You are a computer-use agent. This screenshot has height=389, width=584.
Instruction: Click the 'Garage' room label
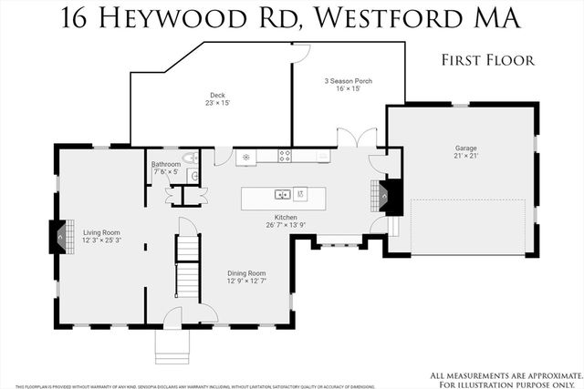tap(466, 148)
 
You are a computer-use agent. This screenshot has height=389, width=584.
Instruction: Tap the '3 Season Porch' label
tap(348, 81)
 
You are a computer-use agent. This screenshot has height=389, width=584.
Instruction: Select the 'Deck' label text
tap(217, 95)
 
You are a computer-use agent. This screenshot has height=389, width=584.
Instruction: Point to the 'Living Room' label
tap(101, 232)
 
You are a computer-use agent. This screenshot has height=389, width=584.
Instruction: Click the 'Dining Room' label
tap(246, 272)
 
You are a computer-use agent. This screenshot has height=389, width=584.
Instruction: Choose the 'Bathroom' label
tap(166, 164)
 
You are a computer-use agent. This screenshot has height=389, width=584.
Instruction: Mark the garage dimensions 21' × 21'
tap(466, 157)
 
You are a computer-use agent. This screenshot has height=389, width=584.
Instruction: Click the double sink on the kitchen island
tap(284, 193)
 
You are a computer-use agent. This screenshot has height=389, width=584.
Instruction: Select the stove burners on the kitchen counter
tap(285, 156)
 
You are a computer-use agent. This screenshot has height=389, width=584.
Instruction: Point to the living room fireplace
tap(58, 237)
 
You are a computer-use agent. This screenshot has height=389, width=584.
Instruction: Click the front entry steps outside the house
tap(170, 344)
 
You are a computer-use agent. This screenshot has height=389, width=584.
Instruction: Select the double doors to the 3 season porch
tap(357, 138)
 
